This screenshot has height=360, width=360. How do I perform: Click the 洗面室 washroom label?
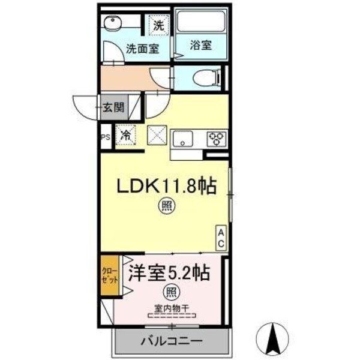142,50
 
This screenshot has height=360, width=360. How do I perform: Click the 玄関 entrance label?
112,108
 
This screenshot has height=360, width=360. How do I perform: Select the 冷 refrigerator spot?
126,135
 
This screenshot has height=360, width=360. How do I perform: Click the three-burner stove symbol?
216,139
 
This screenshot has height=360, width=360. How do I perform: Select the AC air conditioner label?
221,238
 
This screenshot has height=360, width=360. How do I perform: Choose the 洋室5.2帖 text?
167,274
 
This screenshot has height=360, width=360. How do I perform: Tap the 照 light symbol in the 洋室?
172,293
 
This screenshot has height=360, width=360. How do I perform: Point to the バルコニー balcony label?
172,341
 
